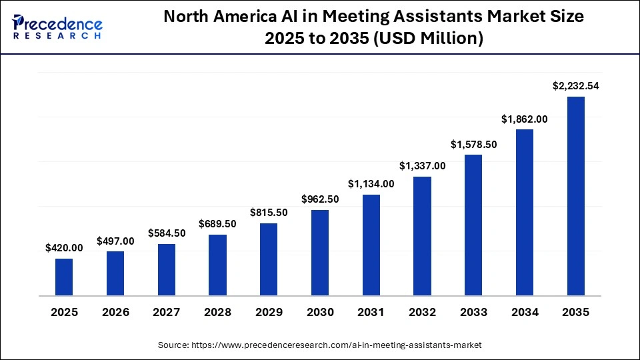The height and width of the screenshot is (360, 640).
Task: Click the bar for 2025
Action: point(64,277)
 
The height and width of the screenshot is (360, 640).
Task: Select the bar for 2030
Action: point(320,253)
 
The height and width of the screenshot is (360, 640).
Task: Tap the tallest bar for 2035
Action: point(576,196)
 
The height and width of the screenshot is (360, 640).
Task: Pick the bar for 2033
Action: point(473,225)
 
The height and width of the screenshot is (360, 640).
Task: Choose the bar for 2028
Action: point(217,265)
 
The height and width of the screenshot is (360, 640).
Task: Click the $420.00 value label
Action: point(64,247)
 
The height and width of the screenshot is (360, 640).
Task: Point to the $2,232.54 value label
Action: point(576,86)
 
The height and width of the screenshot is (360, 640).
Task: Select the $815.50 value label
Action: point(269,212)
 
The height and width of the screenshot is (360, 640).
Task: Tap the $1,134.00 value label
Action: point(371,183)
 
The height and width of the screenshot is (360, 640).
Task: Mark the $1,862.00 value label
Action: point(525,119)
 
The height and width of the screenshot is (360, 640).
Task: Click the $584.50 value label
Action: point(166,233)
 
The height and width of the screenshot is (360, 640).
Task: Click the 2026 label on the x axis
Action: point(115,312)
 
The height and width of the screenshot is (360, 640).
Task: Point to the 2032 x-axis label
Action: point(422,312)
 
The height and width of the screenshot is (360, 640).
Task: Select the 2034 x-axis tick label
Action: point(525,312)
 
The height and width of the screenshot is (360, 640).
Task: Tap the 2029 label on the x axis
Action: point(269,312)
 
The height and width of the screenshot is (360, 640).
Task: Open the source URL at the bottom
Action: point(319,345)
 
